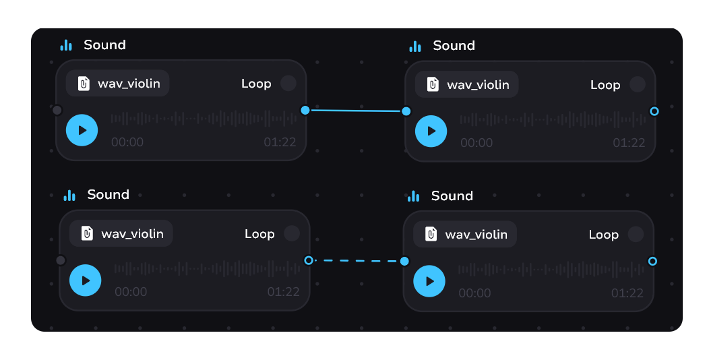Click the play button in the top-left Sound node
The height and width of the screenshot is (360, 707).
(82, 130)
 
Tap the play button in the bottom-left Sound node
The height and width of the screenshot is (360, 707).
(85, 280)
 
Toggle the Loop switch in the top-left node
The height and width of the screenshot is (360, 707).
(288, 84)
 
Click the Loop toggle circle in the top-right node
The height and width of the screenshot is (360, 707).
(637, 84)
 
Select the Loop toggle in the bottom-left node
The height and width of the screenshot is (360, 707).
(291, 233)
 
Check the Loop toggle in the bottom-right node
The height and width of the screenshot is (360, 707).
(636, 234)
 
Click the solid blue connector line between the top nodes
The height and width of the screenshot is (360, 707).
(355, 111)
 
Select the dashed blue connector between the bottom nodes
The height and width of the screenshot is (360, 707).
(357, 261)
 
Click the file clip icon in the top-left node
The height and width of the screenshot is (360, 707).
(84, 84)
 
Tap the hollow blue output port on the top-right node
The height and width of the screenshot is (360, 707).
(654, 111)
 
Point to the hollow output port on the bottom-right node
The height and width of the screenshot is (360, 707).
(652, 261)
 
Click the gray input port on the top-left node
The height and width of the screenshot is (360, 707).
(57, 110)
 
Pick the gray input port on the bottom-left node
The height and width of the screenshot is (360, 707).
(61, 260)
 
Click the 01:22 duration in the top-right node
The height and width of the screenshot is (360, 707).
(629, 143)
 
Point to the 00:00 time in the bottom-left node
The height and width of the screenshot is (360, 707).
(131, 292)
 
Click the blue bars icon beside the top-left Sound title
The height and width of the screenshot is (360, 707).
(65, 45)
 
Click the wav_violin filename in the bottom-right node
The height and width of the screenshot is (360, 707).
(476, 235)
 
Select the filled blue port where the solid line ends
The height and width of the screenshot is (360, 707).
(406, 111)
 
